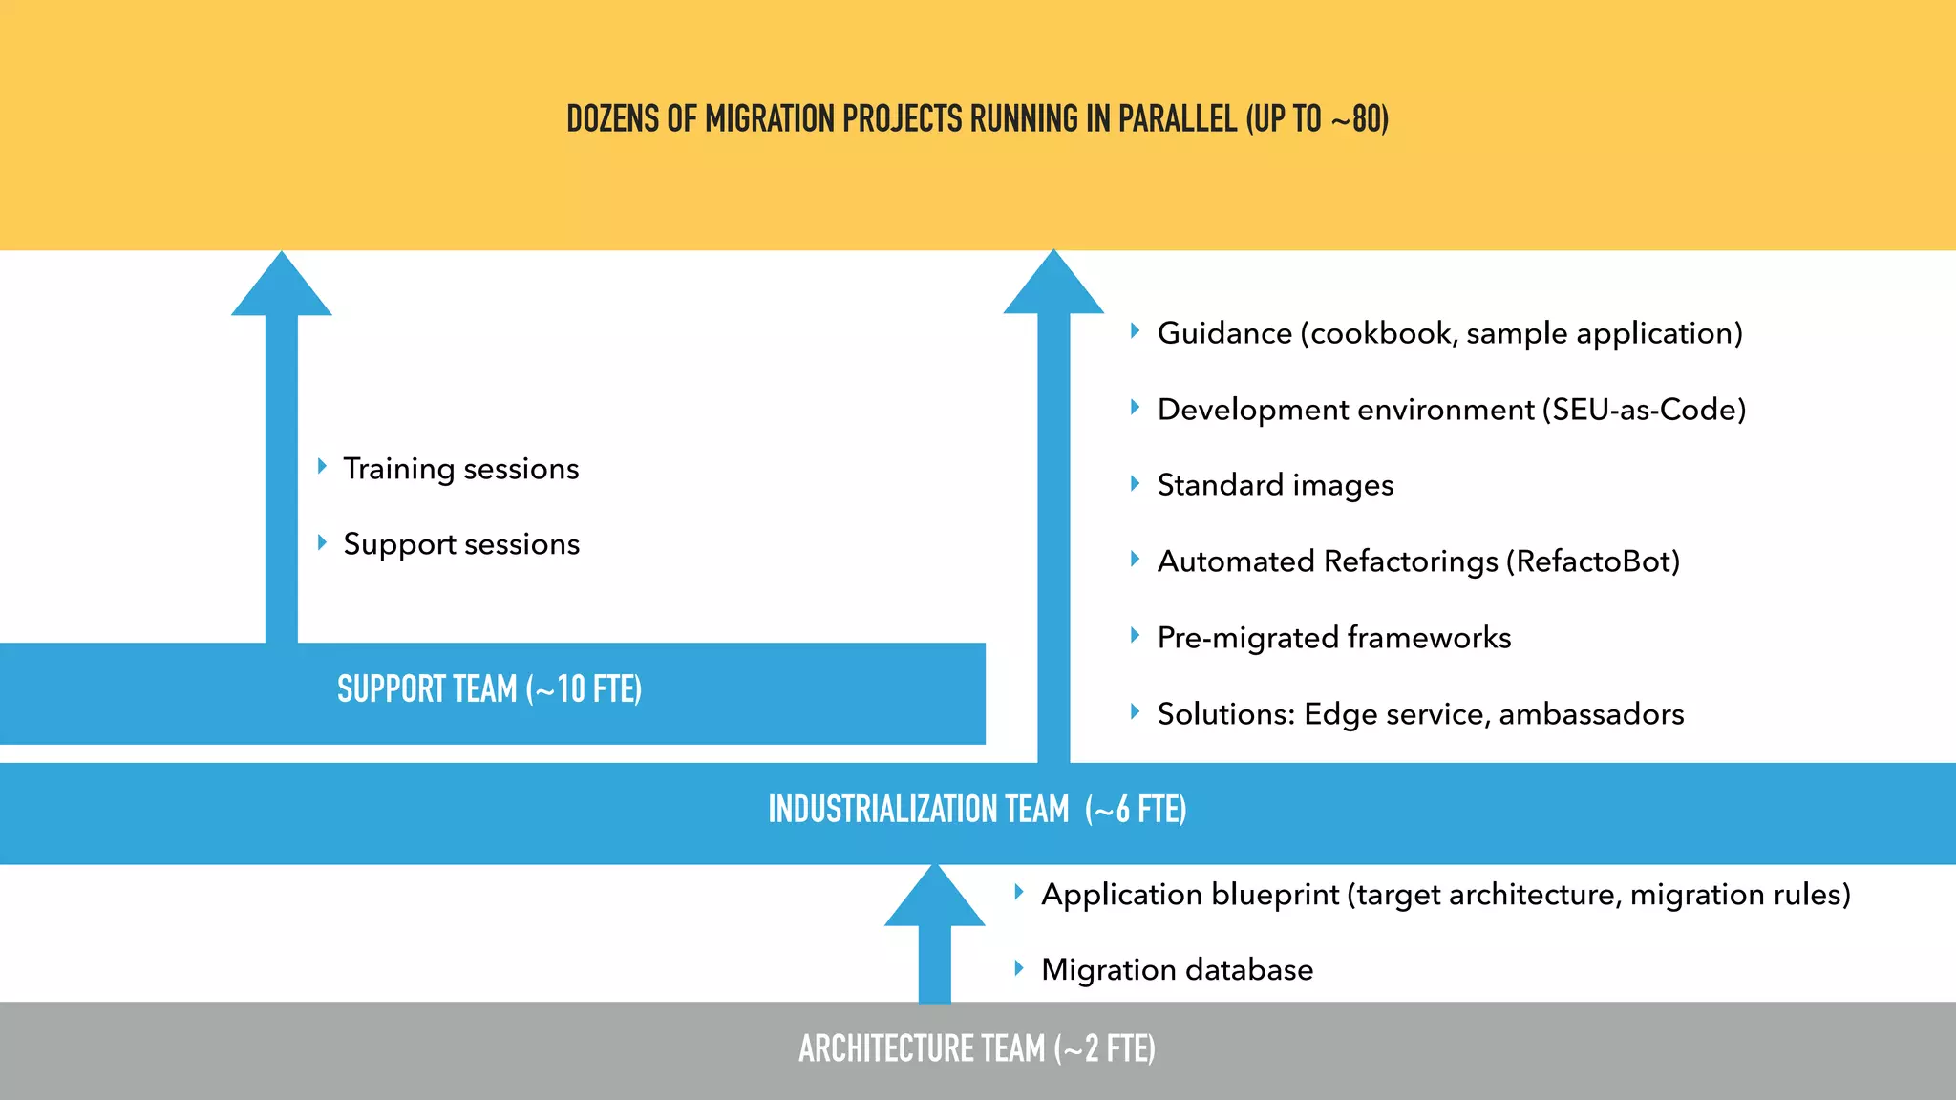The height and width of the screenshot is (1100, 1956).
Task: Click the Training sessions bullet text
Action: pos(460,469)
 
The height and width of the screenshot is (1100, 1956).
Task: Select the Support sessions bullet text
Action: pos(461,544)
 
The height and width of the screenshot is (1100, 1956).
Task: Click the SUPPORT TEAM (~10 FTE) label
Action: pos(489,689)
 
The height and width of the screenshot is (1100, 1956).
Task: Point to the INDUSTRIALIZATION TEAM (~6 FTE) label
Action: pos(977,810)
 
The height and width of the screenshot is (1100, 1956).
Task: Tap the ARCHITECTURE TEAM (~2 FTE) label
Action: pos(977,1048)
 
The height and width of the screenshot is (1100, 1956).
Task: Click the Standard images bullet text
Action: pos(1275,485)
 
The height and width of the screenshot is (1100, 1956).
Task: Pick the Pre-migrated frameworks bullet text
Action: pos(1333,638)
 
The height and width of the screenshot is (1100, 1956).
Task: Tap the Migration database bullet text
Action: pos(1177,970)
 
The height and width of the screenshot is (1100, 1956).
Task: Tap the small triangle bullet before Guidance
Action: pos(1135,331)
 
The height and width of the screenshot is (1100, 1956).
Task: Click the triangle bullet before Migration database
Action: pos(1019,968)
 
